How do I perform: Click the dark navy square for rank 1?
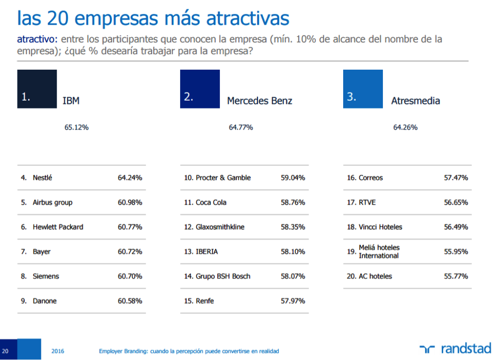pos(37,89)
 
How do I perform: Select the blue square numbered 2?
pos(200,89)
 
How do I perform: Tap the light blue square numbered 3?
pos(363,89)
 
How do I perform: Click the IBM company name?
pos(71,101)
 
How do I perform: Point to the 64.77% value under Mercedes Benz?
pos(240,127)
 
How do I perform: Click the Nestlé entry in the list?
pos(42,178)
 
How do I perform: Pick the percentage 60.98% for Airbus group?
pos(130,202)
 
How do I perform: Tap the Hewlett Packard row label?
pos(58,227)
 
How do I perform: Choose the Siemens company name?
pos(46,276)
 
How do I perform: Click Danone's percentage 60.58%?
pos(130,301)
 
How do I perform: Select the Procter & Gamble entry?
pos(223,178)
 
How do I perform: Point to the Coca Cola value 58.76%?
pos(293,202)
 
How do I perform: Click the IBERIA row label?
pos(207,252)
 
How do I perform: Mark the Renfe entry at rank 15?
pos(204,301)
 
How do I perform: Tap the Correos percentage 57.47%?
pos(456,178)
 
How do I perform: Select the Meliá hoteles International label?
pos(379,252)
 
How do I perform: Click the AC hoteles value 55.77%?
pos(456,276)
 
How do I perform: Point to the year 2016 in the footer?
pos(58,351)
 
